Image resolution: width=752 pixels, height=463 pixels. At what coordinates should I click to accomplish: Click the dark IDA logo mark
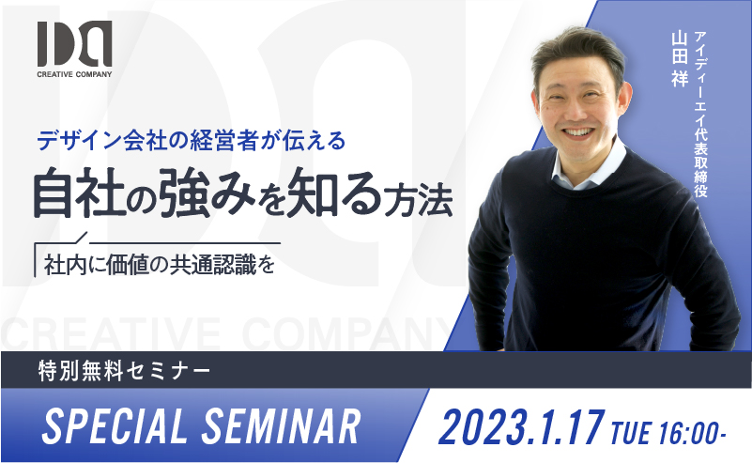[75, 43]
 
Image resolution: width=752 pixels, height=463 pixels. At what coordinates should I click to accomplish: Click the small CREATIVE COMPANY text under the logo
[74, 74]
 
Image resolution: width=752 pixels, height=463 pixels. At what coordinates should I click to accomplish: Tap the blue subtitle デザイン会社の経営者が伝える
[192, 141]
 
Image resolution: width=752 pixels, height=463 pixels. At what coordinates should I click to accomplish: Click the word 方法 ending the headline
[417, 200]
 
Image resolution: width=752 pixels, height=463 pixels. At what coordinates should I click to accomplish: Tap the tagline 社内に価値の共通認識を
[160, 264]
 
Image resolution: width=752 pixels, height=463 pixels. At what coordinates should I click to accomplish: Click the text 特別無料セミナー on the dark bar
[124, 371]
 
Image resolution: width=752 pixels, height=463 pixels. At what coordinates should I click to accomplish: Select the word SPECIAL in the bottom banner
[115, 426]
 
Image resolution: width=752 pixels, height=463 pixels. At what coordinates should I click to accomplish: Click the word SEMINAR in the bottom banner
[281, 426]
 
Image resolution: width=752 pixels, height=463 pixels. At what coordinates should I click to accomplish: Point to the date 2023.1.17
[521, 427]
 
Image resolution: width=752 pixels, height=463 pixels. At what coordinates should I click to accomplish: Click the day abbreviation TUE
[631, 432]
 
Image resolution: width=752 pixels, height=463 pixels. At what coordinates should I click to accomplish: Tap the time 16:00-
[693, 432]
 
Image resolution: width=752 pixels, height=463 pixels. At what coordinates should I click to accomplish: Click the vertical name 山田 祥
[680, 59]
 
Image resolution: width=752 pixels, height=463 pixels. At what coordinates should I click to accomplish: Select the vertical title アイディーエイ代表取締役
[700, 115]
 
